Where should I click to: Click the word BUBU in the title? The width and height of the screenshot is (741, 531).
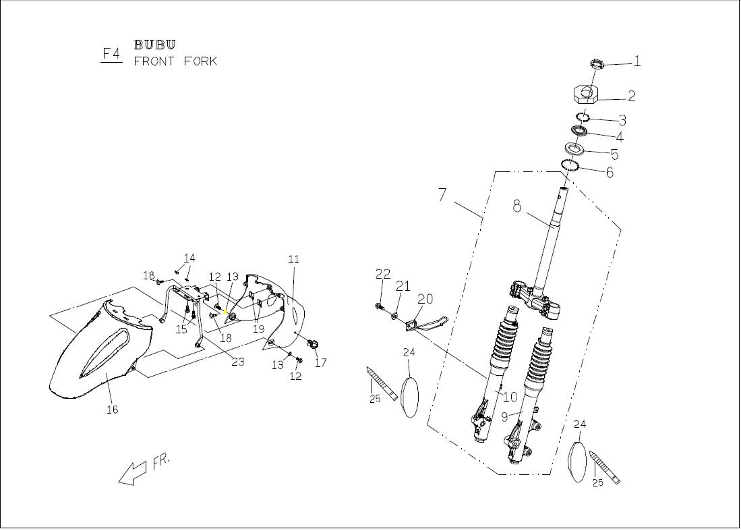click(154, 45)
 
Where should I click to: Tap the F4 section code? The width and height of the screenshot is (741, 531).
click(111, 53)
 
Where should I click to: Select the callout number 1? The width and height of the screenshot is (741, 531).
click(637, 61)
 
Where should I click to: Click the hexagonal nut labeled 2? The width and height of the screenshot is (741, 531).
click(587, 93)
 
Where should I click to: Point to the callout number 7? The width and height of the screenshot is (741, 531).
click(442, 194)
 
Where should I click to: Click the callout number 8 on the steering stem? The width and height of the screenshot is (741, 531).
click(517, 206)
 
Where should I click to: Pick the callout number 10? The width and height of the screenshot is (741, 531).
click(510, 397)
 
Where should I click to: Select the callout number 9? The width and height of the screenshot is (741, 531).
click(504, 417)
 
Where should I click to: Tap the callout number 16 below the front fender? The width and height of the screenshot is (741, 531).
click(112, 410)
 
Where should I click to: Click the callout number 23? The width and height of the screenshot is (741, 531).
click(237, 362)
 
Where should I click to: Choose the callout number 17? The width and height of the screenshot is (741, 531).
click(320, 362)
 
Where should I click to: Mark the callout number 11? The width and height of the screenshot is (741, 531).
click(293, 259)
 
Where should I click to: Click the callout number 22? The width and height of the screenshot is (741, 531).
click(382, 274)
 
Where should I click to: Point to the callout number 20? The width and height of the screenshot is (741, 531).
click(425, 298)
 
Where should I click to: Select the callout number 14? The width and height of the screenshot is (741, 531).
click(189, 258)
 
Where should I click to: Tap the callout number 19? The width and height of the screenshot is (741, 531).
click(258, 329)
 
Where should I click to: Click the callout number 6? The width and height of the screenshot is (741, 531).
click(610, 172)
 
